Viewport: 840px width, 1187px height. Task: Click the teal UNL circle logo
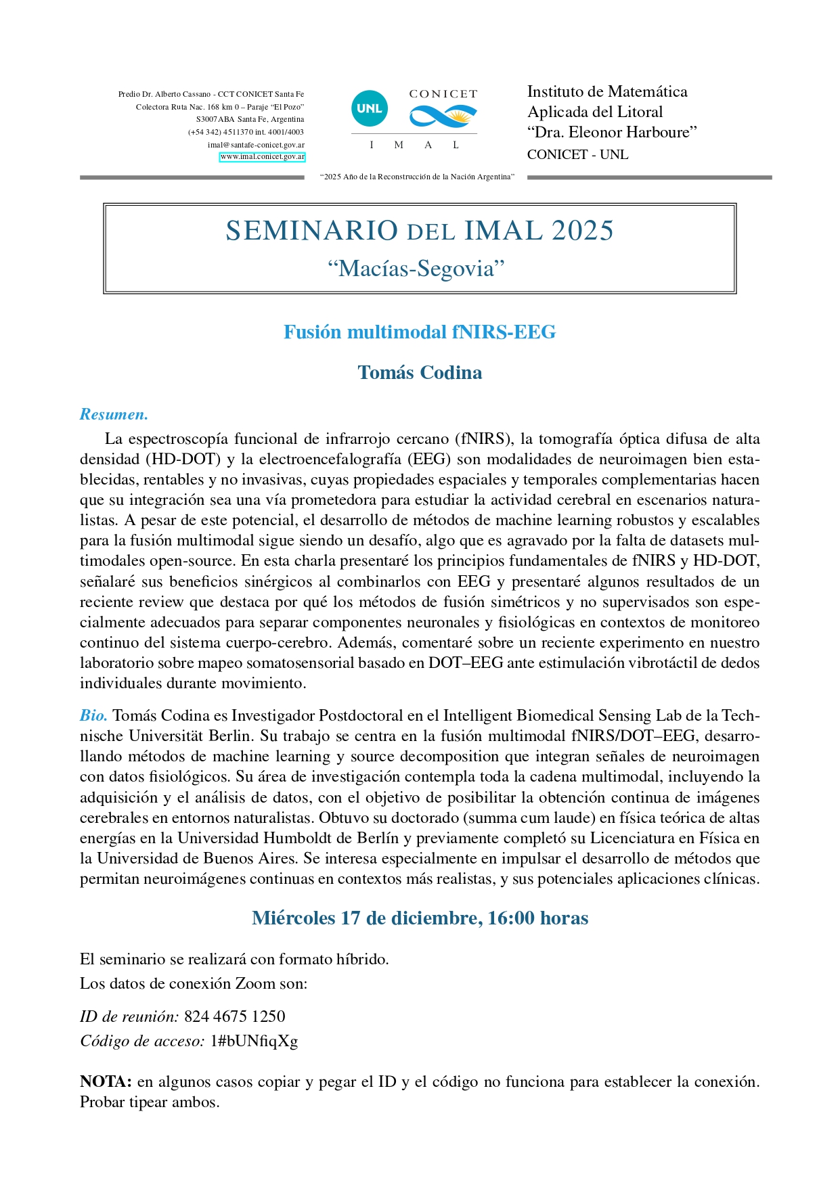pyautogui.click(x=370, y=108)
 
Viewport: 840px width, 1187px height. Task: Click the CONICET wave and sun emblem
pyautogui.click(x=443, y=116)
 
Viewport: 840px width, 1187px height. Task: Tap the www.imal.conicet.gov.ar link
pyautogui.click(x=262, y=157)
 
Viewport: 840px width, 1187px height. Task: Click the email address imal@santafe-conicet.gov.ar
pyautogui.click(x=256, y=145)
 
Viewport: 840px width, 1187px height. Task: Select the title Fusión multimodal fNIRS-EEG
pyautogui.click(x=420, y=332)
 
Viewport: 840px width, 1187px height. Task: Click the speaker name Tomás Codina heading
pyautogui.click(x=420, y=373)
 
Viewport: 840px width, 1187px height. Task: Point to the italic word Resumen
pyautogui.click(x=114, y=414)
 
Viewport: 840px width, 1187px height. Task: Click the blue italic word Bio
pyautogui.click(x=93, y=715)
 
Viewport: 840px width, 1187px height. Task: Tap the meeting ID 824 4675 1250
pyautogui.click(x=235, y=1016)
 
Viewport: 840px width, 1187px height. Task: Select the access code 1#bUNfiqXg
pyautogui.click(x=254, y=1041)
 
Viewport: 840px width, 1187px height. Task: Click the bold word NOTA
pyautogui.click(x=105, y=1081)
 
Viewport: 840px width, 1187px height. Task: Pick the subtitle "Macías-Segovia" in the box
pyautogui.click(x=416, y=269)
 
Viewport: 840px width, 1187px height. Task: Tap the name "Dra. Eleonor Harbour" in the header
pyautogui.click(x=612, y=132)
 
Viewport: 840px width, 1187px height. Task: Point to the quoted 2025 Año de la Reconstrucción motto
pyautogui.click(x=417, y=177)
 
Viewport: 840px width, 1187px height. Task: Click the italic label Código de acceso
pyautogui.click(x=142, y=1041)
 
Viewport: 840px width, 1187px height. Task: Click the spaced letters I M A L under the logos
pyautogui.click(x=414, y=145)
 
